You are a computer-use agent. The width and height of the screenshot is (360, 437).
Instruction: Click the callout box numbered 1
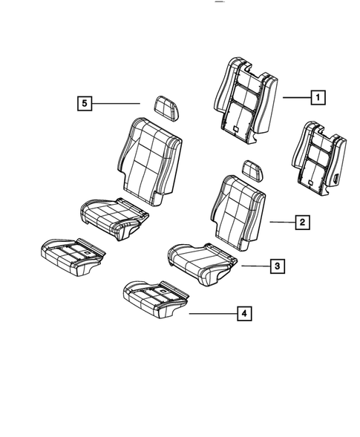tap(317, 96)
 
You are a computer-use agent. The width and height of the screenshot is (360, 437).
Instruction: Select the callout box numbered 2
tap(301, 221)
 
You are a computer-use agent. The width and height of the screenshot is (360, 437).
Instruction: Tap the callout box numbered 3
tap(275, 266)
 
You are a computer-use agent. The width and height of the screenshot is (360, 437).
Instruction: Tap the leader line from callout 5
tap(119, 104)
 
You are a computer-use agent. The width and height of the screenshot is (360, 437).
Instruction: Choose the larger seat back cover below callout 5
tap(149, 160)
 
